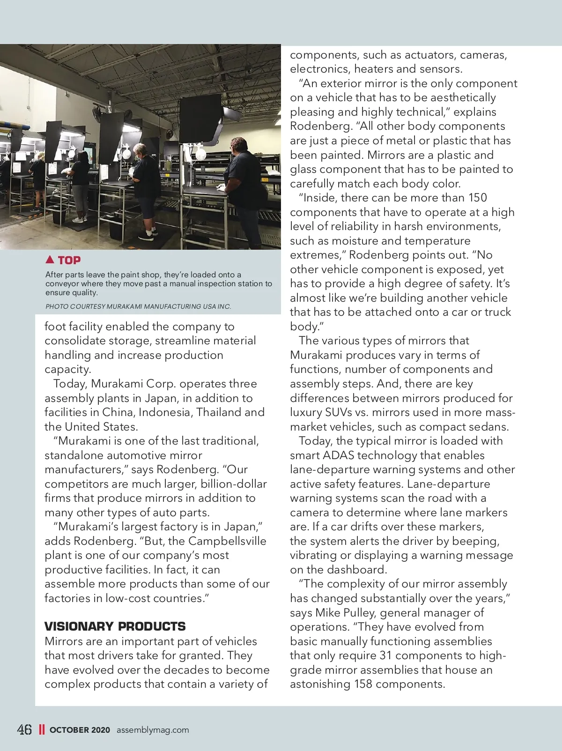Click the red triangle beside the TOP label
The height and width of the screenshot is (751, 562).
click(x=50, y=259)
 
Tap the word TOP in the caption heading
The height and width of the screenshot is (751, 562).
click(x=69, y=260)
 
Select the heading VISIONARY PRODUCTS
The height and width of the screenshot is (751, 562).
click(x=115, y=626)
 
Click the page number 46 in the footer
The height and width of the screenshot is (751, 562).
click(x=24, y=729)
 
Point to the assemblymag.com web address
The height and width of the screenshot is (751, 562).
click(x=153, y=729)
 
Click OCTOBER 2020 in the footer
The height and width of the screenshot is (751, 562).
click(x=80, y=729)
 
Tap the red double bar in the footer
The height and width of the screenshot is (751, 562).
click(x=42, y=729)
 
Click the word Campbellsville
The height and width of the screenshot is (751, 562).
click(x=227, y=541)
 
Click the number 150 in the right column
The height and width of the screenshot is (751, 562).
click(x=477, y=198)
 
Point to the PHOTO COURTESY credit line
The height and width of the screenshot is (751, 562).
click(x=138, y=306)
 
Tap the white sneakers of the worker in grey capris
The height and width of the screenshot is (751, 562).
click(x=79, y=219)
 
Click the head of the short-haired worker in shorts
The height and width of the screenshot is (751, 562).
click(x=140, y=150)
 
